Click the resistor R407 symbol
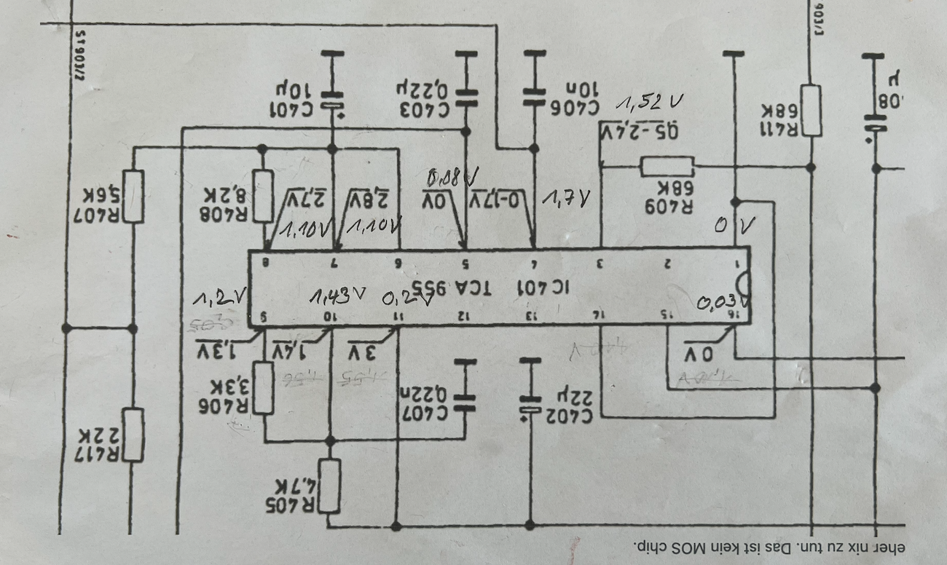pyautogui.click(x=133, y=196)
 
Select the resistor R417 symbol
pyautogui.click(x=133, y=435)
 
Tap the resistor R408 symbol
pyautogui.click(x=262, y=195)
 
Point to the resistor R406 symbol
pyautogui.click(x=263, y=388)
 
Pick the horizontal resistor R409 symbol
pyautogui.click(x=667, y=167)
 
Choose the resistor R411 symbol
pyautogui.click(x=811, y=111)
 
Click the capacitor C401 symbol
pyautogui.click(x=332, y=101)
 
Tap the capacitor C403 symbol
pyautogui.click(x=466, y=98)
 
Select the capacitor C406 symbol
pyautogui.click(x=535, y=96)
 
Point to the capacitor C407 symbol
pyautogui.click(x=464, y=399)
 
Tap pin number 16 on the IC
pyautogui.click(x=740, y=315)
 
